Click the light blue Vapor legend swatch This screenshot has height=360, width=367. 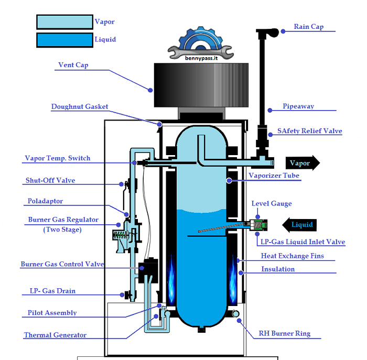pos(64,21)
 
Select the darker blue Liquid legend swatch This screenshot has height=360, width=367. pos(64,40)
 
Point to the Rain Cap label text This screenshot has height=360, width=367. pos(308,27)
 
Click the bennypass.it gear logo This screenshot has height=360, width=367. pos(201,44)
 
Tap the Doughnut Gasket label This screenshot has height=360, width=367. pos(80,107)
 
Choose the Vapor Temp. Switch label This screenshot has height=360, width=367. pos(58,158)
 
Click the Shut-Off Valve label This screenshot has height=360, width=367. pos(50,181)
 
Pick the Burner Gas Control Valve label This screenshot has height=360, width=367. pos(62,265)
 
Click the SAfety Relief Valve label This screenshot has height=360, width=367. pos(309,131)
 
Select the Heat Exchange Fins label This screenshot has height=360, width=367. pos(292,256)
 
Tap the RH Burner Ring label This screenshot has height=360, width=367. pos(284,333)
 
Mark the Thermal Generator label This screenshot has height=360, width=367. pos(55,335)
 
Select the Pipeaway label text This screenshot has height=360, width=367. pos(298,106)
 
